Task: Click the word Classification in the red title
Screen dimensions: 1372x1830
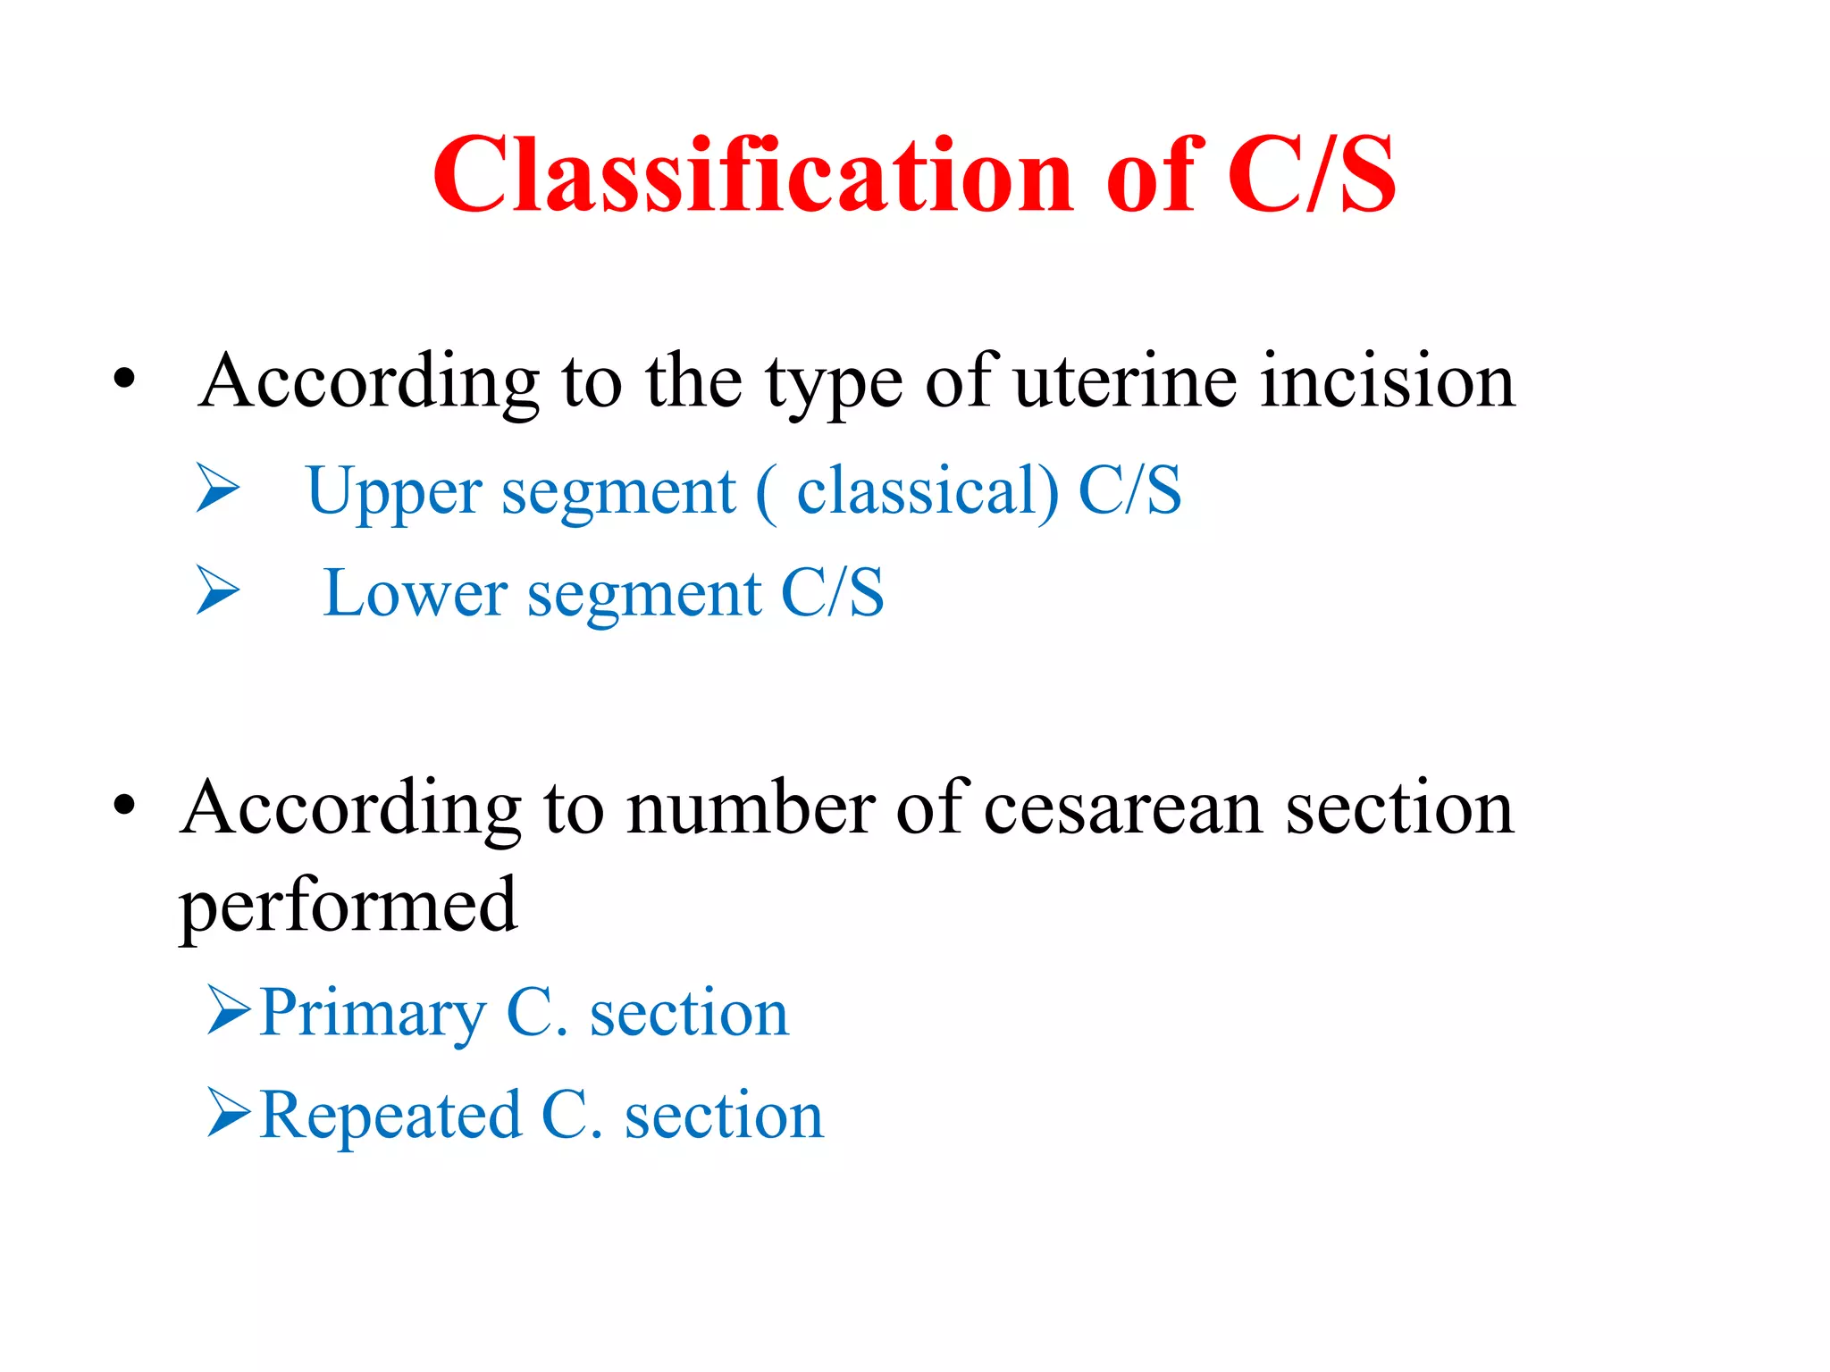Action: point(753,176)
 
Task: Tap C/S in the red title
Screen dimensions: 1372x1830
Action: point(1311,176)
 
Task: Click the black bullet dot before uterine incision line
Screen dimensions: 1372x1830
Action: point(124,380)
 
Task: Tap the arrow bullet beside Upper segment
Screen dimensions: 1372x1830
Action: point(218,489)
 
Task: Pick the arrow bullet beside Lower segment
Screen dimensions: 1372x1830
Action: point(218,590)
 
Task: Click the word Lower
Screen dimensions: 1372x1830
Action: point(415,593)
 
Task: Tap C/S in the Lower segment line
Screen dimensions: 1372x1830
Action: point(832,593)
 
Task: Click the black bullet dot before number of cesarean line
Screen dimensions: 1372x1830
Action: point(124,805)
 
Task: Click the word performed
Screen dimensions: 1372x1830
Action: point(348,908)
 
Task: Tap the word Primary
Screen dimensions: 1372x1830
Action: point(373,1015)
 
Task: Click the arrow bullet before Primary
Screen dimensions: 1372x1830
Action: point(229,1009)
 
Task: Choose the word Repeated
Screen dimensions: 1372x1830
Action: point(390,1117)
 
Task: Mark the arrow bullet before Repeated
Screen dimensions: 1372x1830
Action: point(229,1112)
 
